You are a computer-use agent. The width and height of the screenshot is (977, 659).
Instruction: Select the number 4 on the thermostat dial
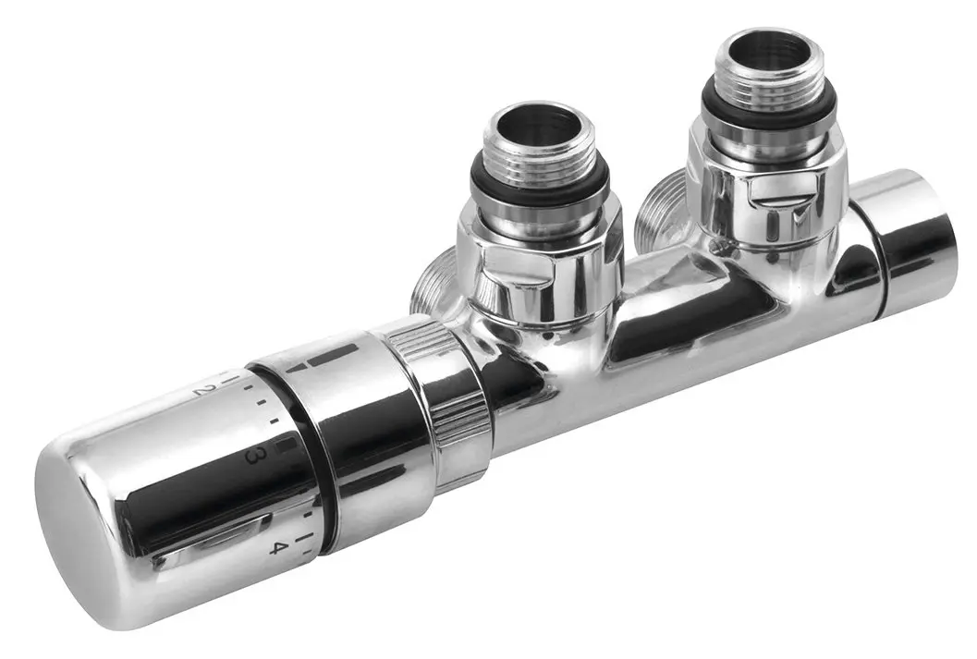click(x=275, y=547)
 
